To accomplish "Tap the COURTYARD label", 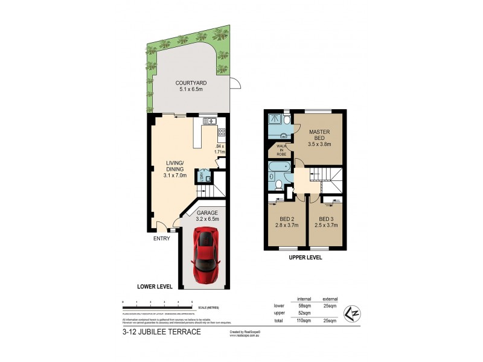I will click(188, 86).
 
